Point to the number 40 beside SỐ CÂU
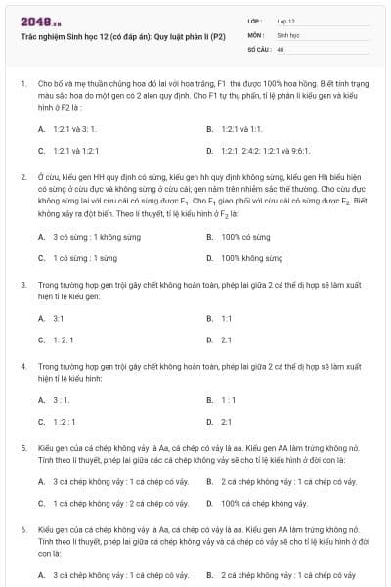tap(281, 47)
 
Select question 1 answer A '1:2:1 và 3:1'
tap(73, 128)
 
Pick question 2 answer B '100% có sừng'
tap(245, 236)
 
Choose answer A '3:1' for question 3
tap(59, 318)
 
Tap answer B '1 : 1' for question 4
tap(228, 399)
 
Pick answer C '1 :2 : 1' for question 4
tap(65, 421)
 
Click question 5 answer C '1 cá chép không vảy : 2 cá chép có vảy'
tap(120, 503)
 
